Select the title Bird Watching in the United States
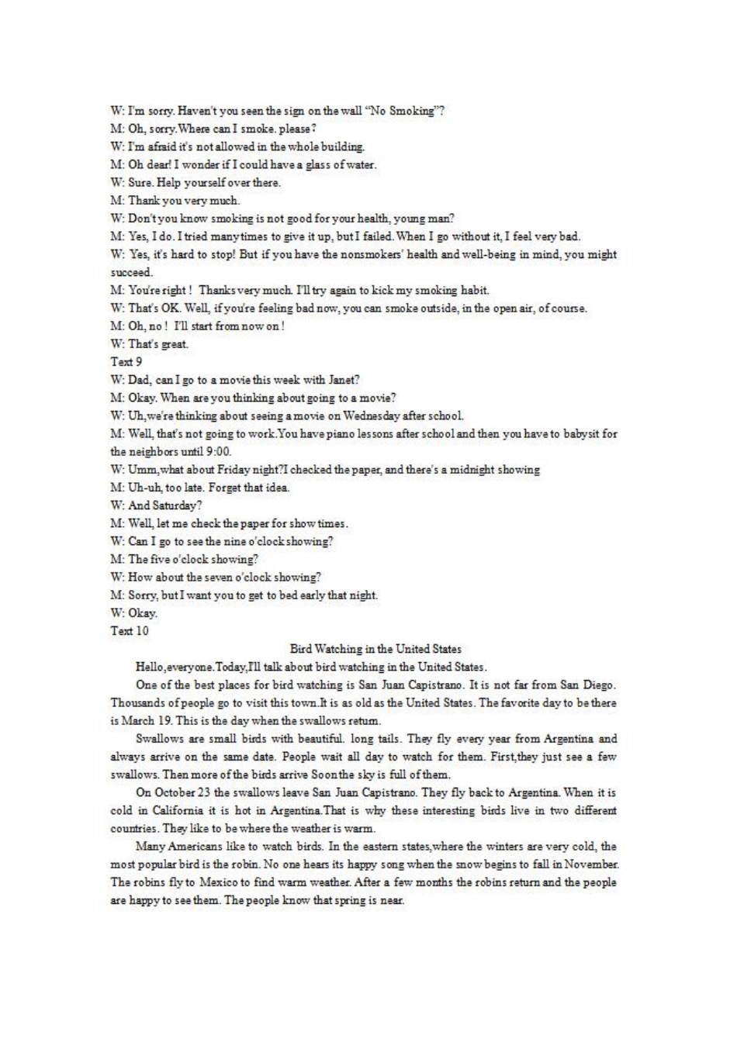[x=375, y=649]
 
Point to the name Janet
[x=342, y=380]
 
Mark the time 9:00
[x=219, y=451]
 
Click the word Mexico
[x=222, y=883]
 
